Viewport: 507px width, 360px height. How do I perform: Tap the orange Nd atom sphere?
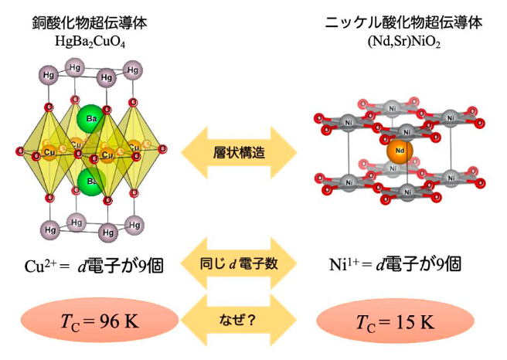(x=400, y=151)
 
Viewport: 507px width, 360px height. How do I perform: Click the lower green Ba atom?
(x=90, y=182)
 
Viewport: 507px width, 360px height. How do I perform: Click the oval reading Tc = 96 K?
(x=90, y=321)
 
